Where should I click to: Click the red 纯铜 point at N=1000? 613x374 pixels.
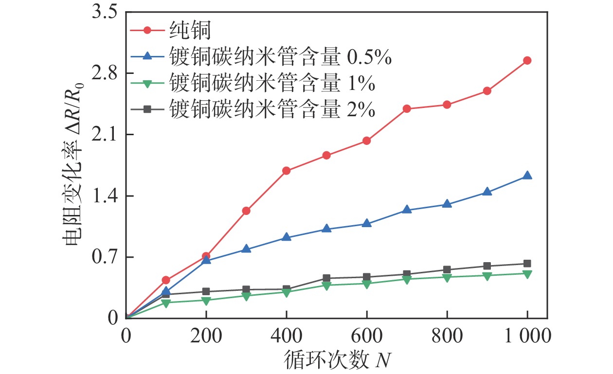tap(527, 60)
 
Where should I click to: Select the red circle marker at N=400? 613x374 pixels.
tap(286, 171)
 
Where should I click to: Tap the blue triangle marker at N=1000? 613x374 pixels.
tap(527, 176)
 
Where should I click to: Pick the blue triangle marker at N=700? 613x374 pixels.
tap(407, 210)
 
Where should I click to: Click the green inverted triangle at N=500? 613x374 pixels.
tap(326, 285)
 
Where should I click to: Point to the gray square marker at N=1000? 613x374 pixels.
tap(527, 264)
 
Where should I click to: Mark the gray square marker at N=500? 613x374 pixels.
tap(326, 278)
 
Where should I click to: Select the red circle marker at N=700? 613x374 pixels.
tap(407, 108)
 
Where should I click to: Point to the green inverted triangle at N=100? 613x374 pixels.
tap(166, 303)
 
